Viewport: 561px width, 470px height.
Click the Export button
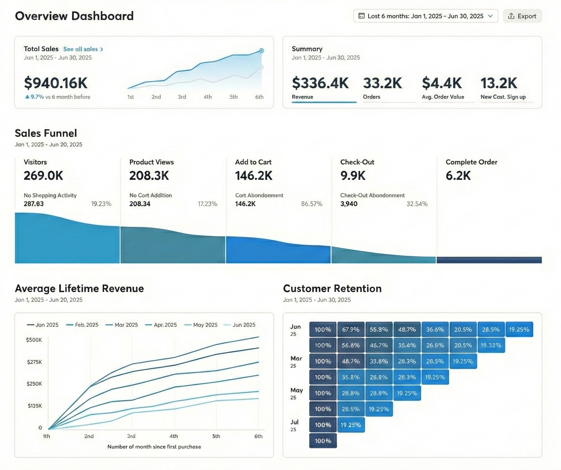point(522,16)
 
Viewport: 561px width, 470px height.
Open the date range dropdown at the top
point(425,16)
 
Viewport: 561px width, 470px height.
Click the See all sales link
point(83,49)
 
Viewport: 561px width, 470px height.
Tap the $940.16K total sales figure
point(56,83)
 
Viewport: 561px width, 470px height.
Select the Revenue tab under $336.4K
point(302,97)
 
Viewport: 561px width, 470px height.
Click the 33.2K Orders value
point(382,83)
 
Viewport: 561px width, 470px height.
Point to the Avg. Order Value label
point(443,97)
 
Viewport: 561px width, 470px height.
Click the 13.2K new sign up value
point(498,83)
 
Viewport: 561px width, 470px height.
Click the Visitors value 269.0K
point(43,175)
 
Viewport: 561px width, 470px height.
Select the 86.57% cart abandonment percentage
point(311,204)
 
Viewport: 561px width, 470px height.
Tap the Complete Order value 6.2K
point(458,175)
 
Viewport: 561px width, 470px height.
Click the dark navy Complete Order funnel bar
point(489,260)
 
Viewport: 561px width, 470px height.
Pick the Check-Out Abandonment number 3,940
point(349,204)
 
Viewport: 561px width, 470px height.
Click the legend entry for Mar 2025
point(122,325)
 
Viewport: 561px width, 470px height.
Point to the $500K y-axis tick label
point(34,340)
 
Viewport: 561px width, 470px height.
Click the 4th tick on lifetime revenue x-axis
point(173,436)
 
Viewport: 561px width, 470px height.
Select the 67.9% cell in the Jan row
point(351,329)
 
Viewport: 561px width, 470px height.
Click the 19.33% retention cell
point(491,345)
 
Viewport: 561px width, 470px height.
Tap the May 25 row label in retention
point(296,393)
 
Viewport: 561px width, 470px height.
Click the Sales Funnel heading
point(46,133)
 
